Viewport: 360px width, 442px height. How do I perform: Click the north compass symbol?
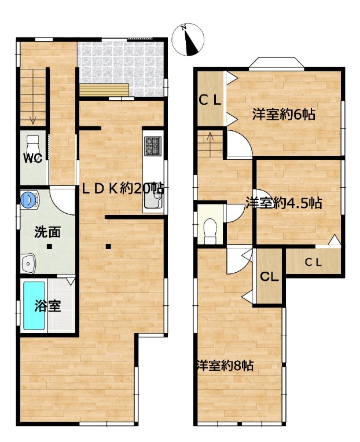click(188, 39)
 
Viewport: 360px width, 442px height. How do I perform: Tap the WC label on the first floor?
click(32, 158)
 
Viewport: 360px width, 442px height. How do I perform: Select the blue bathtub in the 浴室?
click(34, 305)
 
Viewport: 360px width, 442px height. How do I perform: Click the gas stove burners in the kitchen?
click(153, 146)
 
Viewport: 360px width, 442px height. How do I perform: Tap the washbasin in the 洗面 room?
click(28, 264)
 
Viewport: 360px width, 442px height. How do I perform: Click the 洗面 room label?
click(47, 232)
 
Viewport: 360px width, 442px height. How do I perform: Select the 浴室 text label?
click(47, 306)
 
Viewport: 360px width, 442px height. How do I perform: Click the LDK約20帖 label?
click(123, 189)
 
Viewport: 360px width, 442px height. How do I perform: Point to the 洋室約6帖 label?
click(284, 114)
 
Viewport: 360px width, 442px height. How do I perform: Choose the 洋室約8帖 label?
click(225, 366)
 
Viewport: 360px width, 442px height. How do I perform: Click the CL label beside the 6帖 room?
click(210, 100)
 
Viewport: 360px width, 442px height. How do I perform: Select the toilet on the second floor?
click(210, 231)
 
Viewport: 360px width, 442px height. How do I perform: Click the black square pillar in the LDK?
click(108, 247)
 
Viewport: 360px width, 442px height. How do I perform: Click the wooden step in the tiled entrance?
click(104, 90)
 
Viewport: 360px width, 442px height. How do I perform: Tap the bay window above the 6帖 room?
click(277, 63)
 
